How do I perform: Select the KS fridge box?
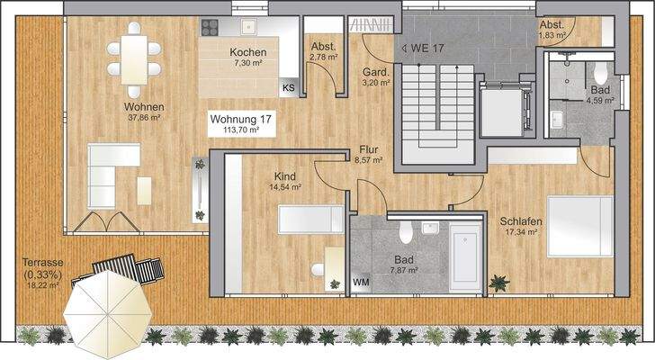(288, 88)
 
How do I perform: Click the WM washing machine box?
(362, 283)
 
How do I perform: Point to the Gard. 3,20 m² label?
(375, 76)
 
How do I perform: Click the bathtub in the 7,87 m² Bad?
(466, 257)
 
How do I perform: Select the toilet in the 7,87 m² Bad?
(406, 235)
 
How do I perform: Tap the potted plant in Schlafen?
(498, 283)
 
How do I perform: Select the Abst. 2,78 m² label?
(322, 51)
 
